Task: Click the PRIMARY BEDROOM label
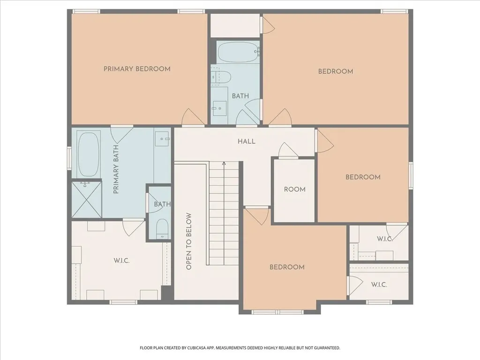point(137,69)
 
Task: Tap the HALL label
point(247,142)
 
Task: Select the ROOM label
point(294,189)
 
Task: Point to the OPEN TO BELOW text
point(188,241)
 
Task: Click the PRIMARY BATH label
point(116,169)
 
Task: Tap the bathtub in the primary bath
point(89,154)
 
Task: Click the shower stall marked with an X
point(86,199)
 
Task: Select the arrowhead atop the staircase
point(224,164)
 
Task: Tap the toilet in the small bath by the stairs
point(162,229)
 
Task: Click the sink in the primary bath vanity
point(162,139)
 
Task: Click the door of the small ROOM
point(288,150)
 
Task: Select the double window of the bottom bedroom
point(277,312)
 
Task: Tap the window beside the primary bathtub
point(69,158)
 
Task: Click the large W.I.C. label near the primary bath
point(121,261)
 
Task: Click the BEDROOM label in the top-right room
point(336,71)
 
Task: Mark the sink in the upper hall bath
point(219,108)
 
